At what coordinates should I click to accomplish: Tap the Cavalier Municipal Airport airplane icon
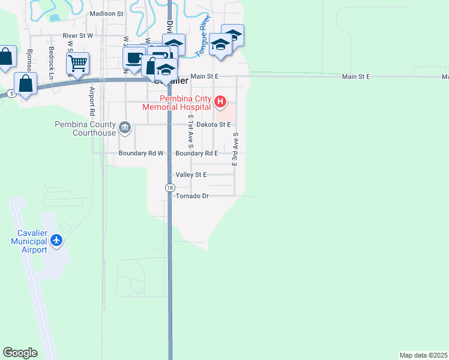[57, 241]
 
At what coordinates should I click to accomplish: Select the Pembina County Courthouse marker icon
[125, 127]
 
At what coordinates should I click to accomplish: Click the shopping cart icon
[78, 62]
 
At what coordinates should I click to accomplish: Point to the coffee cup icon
[133, 58]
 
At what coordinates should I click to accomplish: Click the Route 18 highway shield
[170, 188]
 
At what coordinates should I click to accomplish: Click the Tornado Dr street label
[192, 196]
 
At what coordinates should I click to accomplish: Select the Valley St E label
[191, 175]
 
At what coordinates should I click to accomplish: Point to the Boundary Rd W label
[141, 154]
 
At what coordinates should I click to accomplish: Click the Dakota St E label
[214, 125]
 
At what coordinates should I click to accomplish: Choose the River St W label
[78, 36]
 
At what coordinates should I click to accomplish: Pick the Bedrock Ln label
[52, 62]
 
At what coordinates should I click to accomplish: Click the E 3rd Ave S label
[235, 149]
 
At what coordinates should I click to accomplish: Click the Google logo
[20, 353]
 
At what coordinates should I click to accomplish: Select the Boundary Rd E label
[197, 154]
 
